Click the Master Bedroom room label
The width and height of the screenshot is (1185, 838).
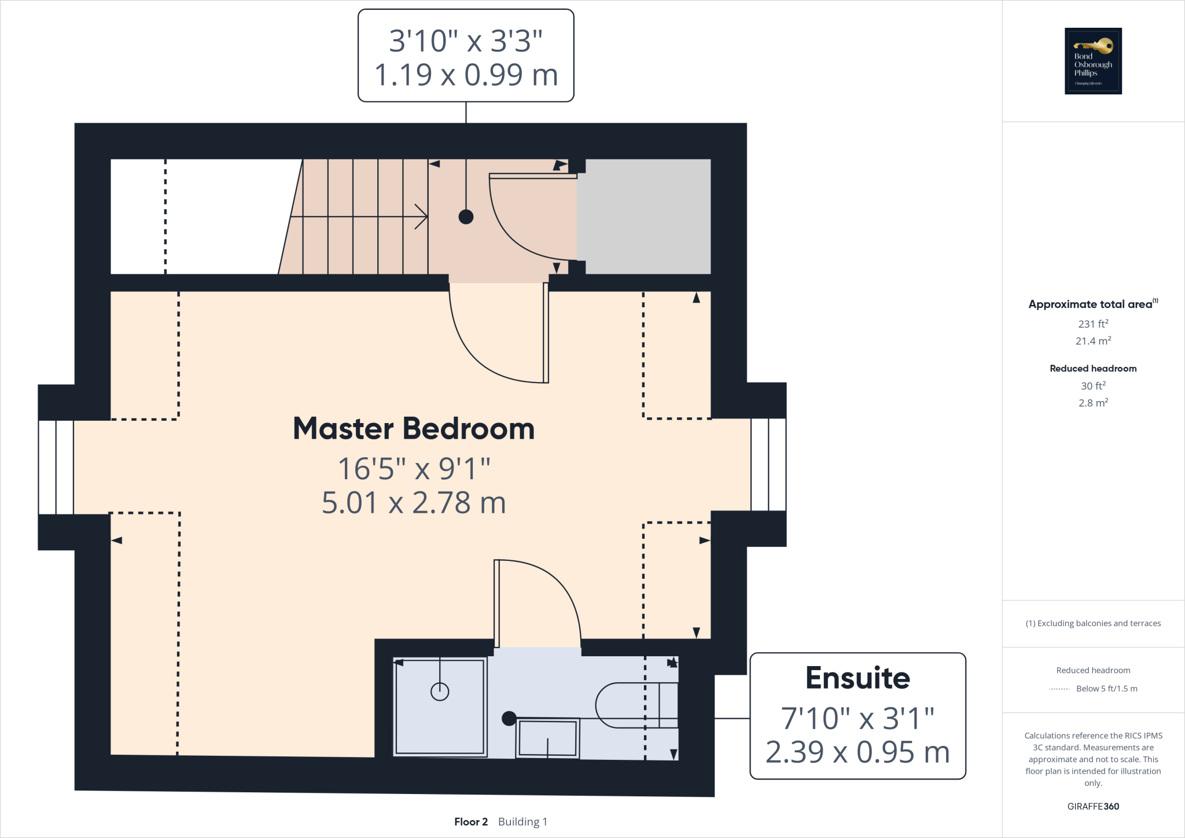pos(414,429)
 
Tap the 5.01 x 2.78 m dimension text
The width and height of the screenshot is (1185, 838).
pos(414,502)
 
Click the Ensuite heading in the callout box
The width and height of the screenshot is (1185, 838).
pos(858,678)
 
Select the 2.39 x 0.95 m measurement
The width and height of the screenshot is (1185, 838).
pos(858,752)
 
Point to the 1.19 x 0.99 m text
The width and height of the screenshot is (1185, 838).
pos(466,75)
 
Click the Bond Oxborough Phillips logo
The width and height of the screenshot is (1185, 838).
pos(1093,61)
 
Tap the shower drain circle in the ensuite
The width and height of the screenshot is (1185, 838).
pos(440,691)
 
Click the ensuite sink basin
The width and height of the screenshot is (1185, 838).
pos(547,738)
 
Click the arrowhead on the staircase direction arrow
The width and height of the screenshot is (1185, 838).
pos(424,216)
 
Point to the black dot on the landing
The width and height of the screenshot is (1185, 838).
pos(466,217)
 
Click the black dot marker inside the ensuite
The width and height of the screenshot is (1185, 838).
pos(509,718)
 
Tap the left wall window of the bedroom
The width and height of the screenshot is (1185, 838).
pos(56,466)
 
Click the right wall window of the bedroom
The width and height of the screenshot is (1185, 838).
pos(768,464)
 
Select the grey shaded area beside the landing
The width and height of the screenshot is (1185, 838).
pos(643,216)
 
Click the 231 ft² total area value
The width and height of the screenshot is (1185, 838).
pos(1093,324)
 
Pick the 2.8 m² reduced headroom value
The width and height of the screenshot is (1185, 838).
pos(1093,403)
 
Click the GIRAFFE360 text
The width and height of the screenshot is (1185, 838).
pos(1093,806)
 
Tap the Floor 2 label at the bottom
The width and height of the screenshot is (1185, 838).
pos(470,822)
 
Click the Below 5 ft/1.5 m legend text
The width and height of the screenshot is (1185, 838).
pos(1106,689)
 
